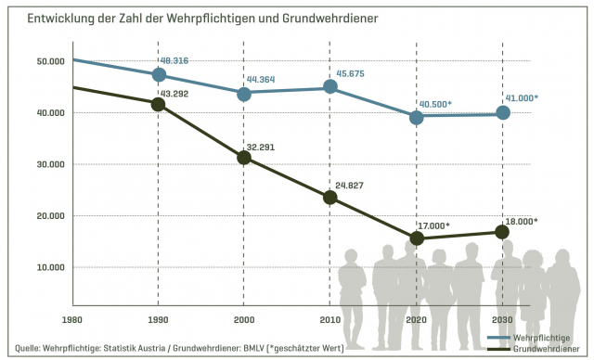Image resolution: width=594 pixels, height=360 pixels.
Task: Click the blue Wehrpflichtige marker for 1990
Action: (x=159, y=75)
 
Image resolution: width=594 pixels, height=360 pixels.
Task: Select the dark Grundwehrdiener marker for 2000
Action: (x=244, y=158)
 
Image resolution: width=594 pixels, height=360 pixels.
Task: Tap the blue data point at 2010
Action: (x=329, y=87)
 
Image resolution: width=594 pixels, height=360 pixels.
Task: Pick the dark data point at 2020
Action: (x=416, y=238)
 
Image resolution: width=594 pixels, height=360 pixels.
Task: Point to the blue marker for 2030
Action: (x=502, y=113)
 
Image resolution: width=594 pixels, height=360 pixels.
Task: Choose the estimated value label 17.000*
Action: (x=433, y=225)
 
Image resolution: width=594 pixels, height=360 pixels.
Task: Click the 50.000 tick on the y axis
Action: (x=50, y=61)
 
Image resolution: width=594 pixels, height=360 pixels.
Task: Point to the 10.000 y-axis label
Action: (x=50, y=267)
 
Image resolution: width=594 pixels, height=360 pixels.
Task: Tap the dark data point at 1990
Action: (x=159, y=105)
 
